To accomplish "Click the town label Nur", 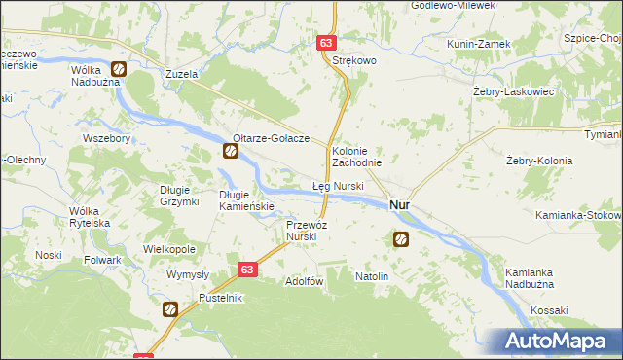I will pos(398,205).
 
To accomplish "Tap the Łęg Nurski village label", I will pos(338,185).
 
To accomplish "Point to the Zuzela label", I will pos(181,73).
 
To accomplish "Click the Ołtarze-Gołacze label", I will pos(271,138).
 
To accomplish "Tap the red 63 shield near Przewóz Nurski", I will pos(248,270).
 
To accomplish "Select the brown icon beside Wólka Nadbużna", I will pos(118,69).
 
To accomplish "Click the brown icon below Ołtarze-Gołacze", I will pos(231,151).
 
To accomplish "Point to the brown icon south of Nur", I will pos(401,238).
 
